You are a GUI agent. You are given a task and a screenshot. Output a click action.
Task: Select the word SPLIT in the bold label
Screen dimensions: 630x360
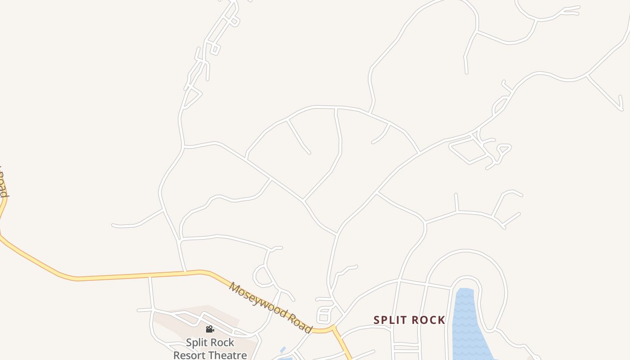(389, 320)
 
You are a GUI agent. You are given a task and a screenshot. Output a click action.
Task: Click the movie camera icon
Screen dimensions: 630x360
(210, 329)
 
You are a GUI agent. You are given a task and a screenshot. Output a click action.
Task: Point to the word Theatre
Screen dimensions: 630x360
(227, 355)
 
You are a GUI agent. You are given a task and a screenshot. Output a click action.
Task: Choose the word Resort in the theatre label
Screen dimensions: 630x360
(189, 355)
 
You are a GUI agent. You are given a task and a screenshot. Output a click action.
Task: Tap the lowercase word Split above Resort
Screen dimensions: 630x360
(197, 343)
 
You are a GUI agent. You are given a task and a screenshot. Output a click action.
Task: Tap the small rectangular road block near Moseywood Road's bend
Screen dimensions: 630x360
(324, 315)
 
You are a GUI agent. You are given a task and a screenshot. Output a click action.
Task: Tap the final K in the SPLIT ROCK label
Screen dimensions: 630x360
(441, 320)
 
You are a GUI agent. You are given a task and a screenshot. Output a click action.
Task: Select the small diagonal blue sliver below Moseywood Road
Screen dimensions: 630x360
(283, 350)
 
